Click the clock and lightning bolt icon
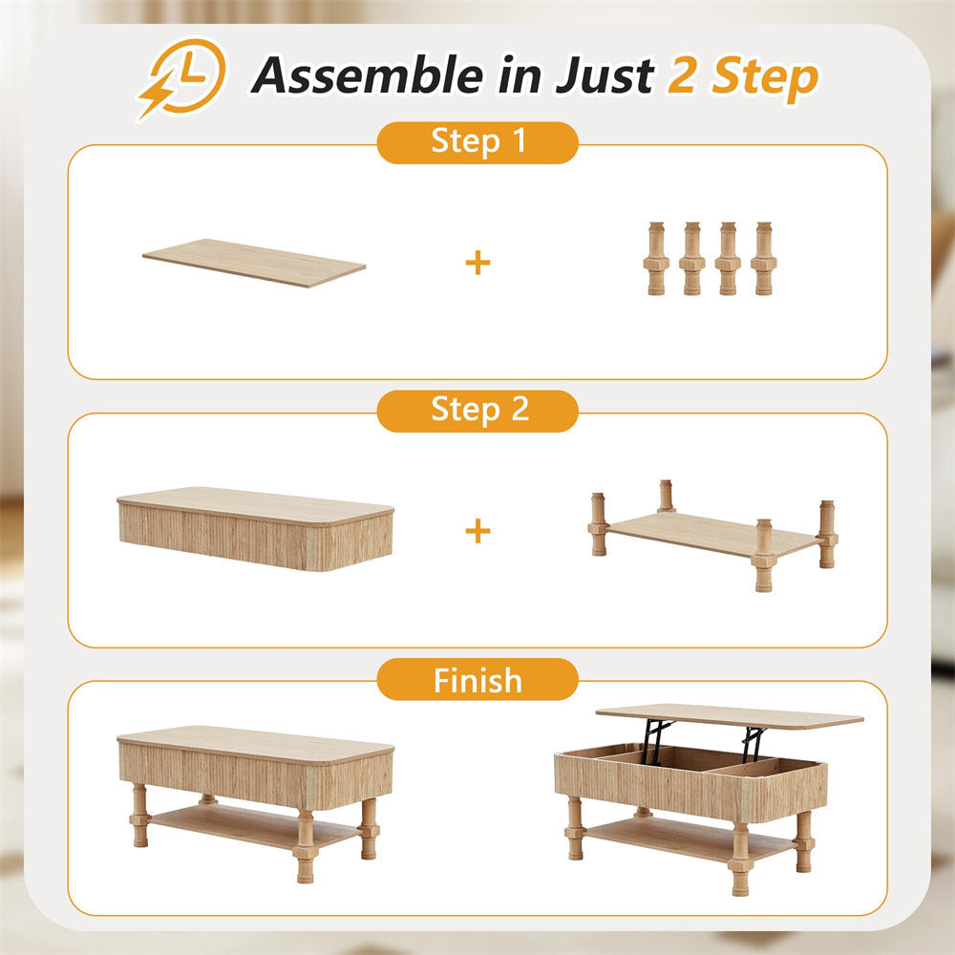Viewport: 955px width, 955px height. tap(181, 78)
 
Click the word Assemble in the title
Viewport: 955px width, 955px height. tap(368, 75)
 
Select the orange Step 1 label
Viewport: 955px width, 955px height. tap(477, 142)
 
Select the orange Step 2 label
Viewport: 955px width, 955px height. tap(477, 411)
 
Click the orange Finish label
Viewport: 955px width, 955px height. tap(477, 679)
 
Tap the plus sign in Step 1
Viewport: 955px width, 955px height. tap(477, 263)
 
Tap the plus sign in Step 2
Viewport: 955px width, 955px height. tap(477, 530)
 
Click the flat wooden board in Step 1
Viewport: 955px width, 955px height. tap(254, 263)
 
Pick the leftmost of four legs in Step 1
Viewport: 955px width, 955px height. tap(656, 259)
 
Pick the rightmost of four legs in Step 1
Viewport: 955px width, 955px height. tap(764, 259)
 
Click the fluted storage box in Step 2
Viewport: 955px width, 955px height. tap(255, 529)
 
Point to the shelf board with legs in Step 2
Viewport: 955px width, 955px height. tap(712, 534)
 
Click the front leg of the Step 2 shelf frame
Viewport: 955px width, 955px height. tap(763, 556)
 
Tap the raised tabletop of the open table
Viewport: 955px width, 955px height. tap(730, 716)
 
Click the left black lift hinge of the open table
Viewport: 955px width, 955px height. tap(655, 740)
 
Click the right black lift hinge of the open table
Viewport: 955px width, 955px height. tap(753, 744)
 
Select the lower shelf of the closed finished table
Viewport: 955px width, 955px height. tap(253, 825)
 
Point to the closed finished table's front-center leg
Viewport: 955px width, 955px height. tap(305, 846)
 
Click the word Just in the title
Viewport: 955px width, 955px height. tap(605, 75)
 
